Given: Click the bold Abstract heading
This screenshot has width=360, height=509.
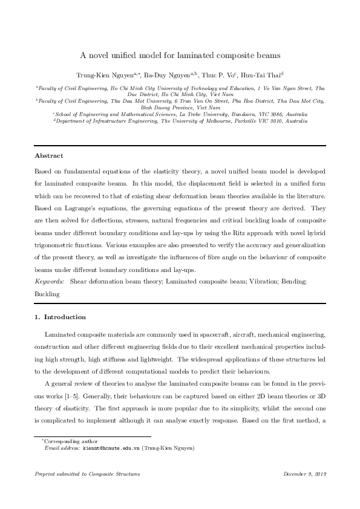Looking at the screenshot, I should (49, 155).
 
